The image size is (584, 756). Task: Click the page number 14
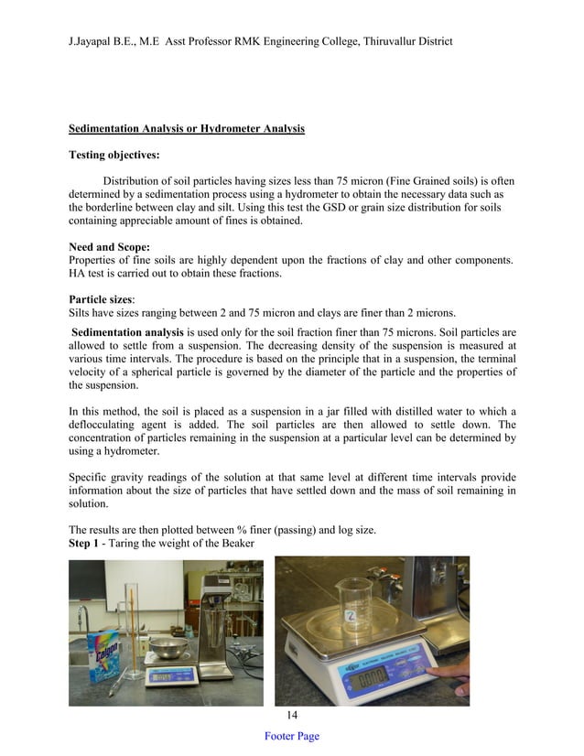[x=291, y=715]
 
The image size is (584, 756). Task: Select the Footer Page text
[x=291, y=737]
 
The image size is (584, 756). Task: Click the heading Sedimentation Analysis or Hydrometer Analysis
[x=187, y=129]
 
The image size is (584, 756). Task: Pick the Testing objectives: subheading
[x=114, y=156]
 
